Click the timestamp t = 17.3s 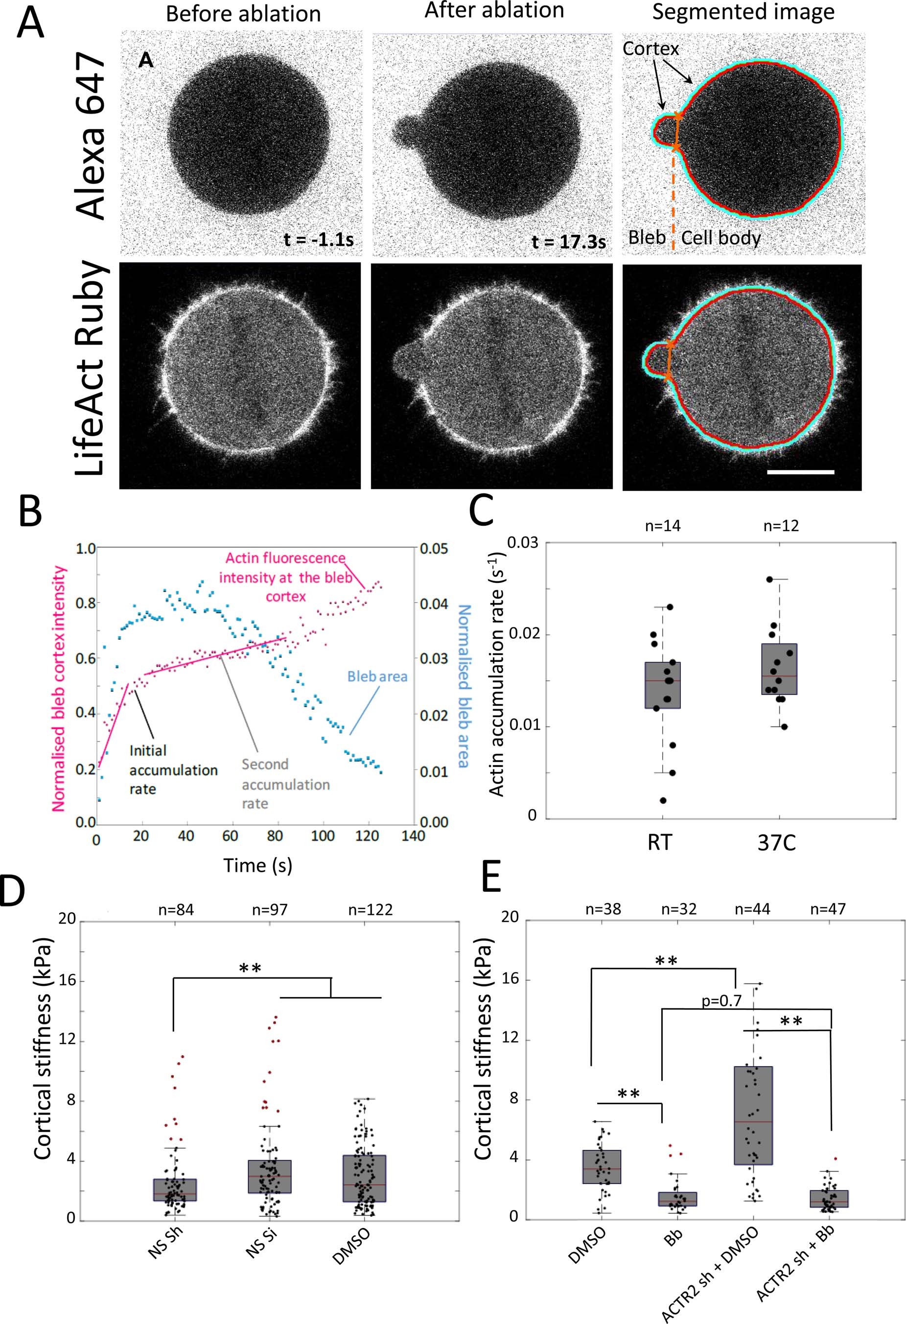568,242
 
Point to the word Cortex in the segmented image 650,49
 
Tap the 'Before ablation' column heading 243,14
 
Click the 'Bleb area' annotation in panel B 377,676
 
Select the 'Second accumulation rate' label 285,784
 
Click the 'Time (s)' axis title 257,865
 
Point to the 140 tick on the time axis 413,836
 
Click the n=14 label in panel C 662,526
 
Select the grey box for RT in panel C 662,685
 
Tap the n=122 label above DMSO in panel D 370,910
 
